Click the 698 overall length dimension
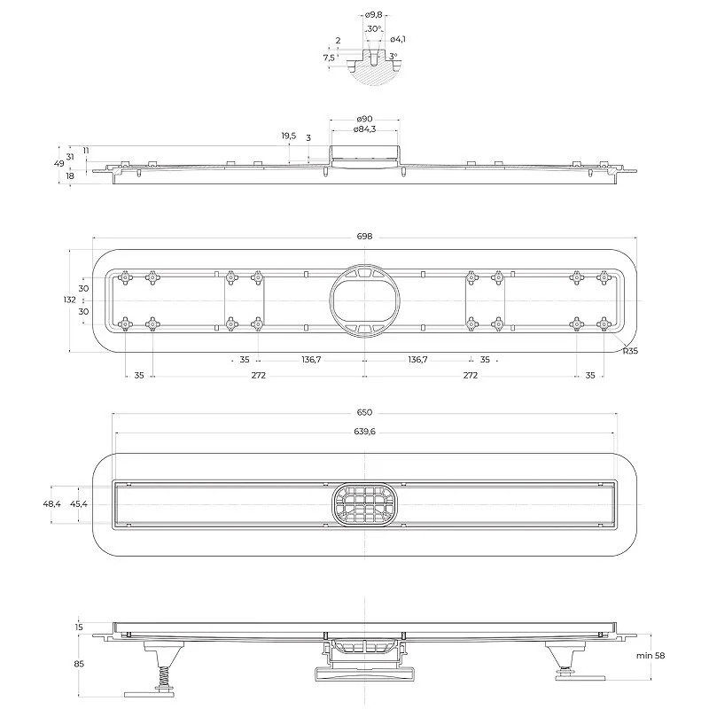[x=364, y=237]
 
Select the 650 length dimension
[x=364, y=412]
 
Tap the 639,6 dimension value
[x=364, y=432]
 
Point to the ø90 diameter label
[x=364, y=119]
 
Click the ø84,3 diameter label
[x=364, y=129]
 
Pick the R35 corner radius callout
[x=630, y=351]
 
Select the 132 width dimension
[x=70, y=300]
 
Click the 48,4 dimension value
[x=51, y=503]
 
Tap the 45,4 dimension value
[x=79, y=503]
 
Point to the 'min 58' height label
[x=651, y=656]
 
